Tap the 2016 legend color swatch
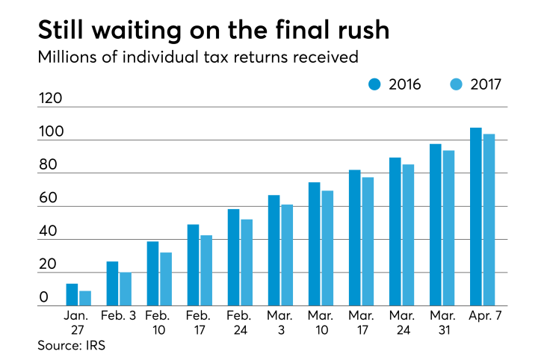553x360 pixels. (375, 84)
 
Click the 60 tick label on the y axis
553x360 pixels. (49, 199)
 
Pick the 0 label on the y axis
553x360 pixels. (44, 298)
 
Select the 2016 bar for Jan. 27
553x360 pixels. (72, 295)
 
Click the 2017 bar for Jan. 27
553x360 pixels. (85, 298)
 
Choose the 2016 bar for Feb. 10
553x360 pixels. (152, 273)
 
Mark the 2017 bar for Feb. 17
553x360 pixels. (206, 270)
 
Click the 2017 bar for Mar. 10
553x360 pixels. (327, 248)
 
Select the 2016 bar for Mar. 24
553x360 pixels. (395, 232)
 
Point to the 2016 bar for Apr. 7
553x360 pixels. (475, 217)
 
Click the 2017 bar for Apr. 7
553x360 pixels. (489, 220)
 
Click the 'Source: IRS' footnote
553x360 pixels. (72, 346)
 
